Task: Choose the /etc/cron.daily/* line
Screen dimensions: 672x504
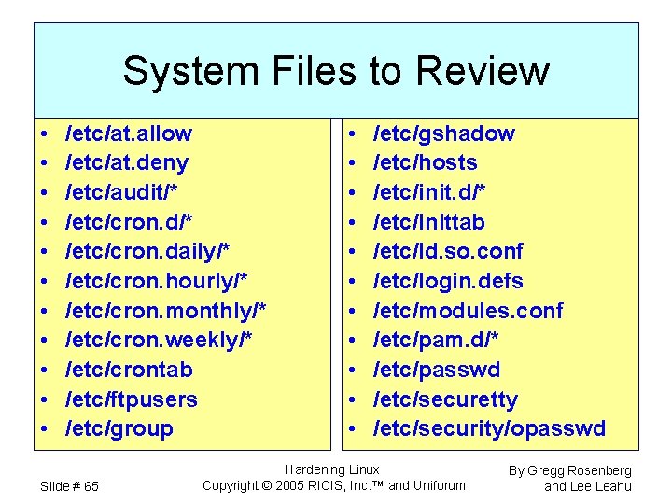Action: click(x=147, y=252)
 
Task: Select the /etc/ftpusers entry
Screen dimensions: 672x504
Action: click(x=132, y=399)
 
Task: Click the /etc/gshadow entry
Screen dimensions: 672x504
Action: click(x=444, y=133)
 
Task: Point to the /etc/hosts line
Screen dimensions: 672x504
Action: click(x=426, y=163)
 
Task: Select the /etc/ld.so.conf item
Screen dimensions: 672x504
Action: click(x=448, y=252)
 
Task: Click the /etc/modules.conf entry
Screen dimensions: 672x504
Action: click(x=469, y=311)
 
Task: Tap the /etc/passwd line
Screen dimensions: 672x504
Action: click(x=437, y=370)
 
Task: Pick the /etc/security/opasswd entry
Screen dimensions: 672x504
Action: click(x=490, y=429)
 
